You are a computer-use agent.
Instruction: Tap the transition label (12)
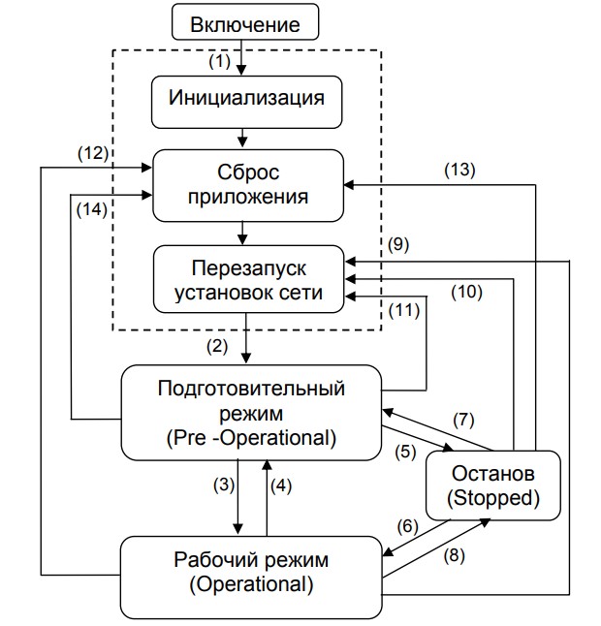pyautogui.click(x=95, y=152)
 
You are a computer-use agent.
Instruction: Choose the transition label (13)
pyautogui.click(x=459, y=169)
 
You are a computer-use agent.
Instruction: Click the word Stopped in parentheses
pyautogui.click(x=493, y=499)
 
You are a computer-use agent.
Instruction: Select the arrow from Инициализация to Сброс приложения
pyautogui.click(x=242, y=138)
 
